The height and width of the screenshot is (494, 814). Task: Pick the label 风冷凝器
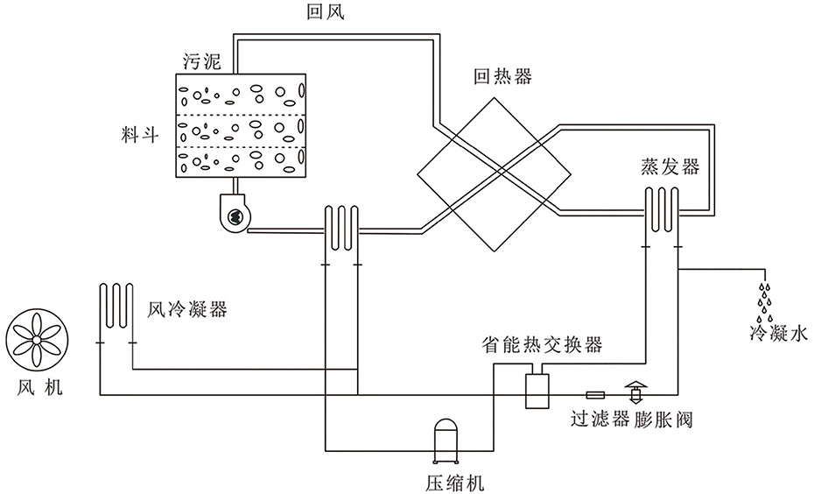[187, 310]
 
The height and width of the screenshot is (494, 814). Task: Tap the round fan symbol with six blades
[36, 340]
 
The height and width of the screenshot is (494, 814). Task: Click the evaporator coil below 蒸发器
[663, 210]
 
